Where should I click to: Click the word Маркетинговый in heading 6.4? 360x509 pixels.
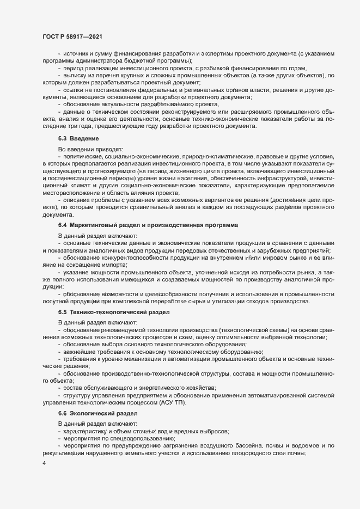coord(93,224)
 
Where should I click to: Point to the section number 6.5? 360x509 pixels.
coord(63,312)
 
